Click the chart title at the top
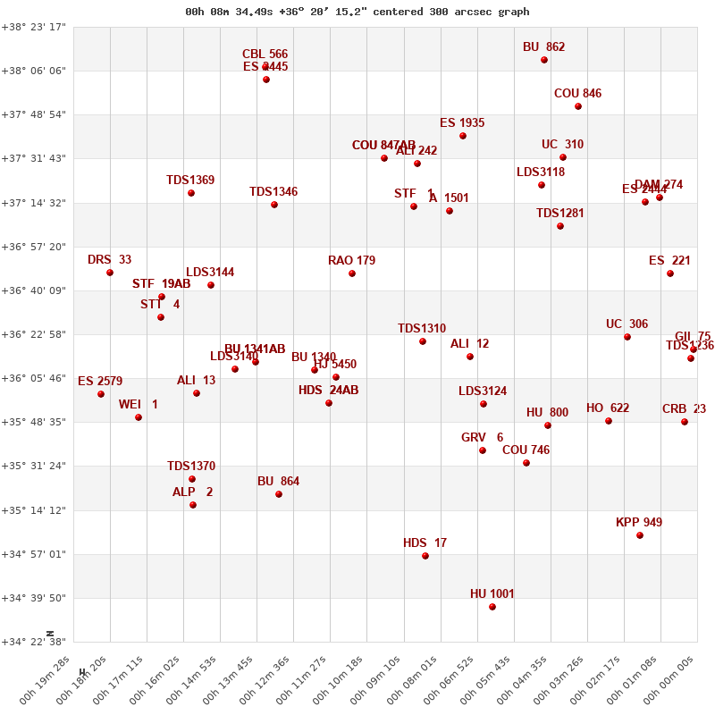357,12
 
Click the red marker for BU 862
544,60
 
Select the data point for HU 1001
492,607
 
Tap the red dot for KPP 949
640,535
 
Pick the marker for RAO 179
352,273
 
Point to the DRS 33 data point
110,273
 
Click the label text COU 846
577,93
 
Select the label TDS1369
190,180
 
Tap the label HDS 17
425,543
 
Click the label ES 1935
462,122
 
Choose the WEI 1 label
139,404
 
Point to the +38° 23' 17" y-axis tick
34,27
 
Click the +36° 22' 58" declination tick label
34,334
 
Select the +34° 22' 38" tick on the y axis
34,642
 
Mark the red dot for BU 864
279,494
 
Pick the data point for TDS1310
423,341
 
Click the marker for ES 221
670,273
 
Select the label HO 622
608,408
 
